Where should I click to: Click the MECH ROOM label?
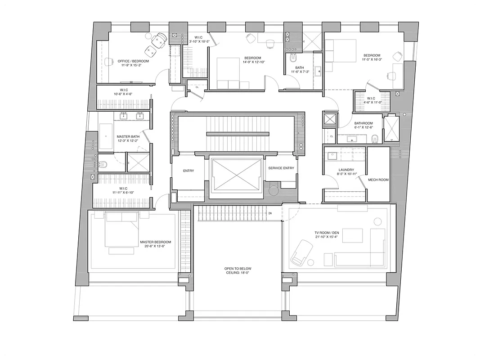pyautogui.click(x=378, y=180)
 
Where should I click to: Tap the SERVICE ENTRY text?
pyautogui.click(x=281, y=168)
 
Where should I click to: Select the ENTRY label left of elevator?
pyautogui.click(x=188, y=171)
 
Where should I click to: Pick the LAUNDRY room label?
pyautogui.click(x=346, y=170)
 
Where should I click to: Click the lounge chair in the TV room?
pyautogui.click(x=301, y=252)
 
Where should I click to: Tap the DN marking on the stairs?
pyautogui.click(x=269, y=213)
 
